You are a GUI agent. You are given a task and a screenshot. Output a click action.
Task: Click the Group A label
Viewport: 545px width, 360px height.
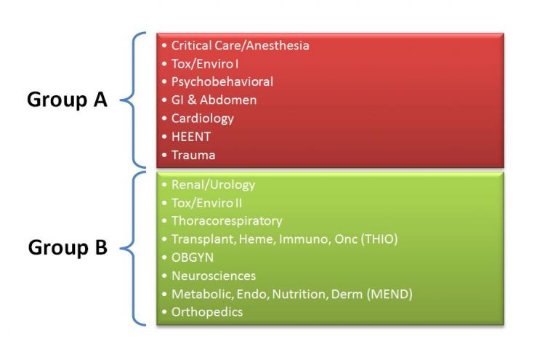[x=67, y=100]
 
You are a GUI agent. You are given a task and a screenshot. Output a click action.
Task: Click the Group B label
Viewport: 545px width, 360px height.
[x=68, y=248]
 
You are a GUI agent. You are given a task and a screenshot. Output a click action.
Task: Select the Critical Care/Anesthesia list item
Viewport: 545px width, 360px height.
[x=241, y=46]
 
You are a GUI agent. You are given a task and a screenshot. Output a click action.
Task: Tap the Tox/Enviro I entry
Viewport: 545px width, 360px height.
[x=205, y=64]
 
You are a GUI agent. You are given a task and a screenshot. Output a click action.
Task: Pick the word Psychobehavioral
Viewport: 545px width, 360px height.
[x=222, y=82]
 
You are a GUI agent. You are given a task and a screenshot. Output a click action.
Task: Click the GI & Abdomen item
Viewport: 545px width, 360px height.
[x=214, y=100]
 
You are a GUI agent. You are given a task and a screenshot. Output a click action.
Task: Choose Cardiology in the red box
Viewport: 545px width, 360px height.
[x=203, y=119]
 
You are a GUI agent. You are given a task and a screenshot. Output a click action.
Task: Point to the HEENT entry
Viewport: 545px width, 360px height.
[x=191, y=137]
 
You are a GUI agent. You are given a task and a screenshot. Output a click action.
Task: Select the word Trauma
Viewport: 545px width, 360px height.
[x=193, y=155]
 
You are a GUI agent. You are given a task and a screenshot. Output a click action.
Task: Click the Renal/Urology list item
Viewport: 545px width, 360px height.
[x=213, y=185]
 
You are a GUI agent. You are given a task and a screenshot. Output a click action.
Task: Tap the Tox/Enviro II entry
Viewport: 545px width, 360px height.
[x=206, y=203]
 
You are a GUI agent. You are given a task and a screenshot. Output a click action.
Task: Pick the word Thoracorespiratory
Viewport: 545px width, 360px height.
[x=227, y=221]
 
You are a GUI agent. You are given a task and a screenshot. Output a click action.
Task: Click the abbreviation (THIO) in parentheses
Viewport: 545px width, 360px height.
[x=379, y=239]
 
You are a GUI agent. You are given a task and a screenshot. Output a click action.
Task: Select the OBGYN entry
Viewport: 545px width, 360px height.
[x=193, y=257]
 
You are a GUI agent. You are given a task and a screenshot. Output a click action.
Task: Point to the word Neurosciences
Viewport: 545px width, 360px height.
[x=214, y=276]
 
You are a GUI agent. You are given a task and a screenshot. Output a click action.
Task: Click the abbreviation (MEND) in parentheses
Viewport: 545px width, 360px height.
[x=389, y=295]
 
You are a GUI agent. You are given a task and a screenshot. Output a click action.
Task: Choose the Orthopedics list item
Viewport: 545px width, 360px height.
[x=207, y=312]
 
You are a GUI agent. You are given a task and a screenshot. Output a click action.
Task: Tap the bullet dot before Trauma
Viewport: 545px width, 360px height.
[x=164, y=155]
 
